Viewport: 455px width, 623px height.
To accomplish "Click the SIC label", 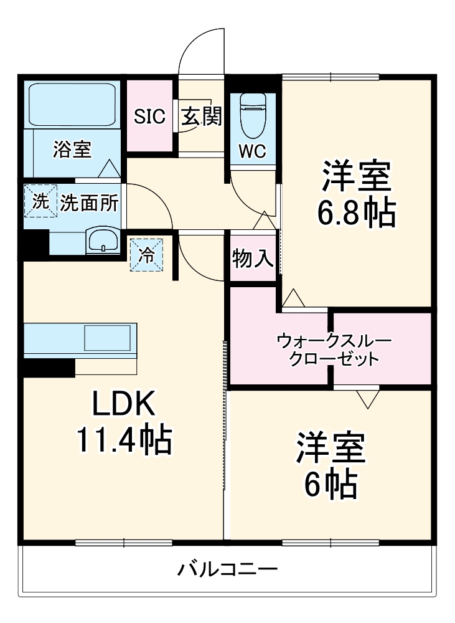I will click(150, 116).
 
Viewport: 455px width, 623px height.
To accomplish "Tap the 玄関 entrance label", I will click(201, 116).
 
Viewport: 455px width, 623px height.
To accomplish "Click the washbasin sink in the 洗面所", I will click(103, 240).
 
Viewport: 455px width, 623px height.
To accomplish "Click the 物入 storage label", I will click(253, 259).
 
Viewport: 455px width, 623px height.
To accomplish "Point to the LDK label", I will click(123, 405).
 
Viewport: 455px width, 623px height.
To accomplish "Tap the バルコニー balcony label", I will click(227, 569).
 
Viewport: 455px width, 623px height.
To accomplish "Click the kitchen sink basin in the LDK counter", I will click(108, 338).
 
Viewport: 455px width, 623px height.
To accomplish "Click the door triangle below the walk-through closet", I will click(368, 399).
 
